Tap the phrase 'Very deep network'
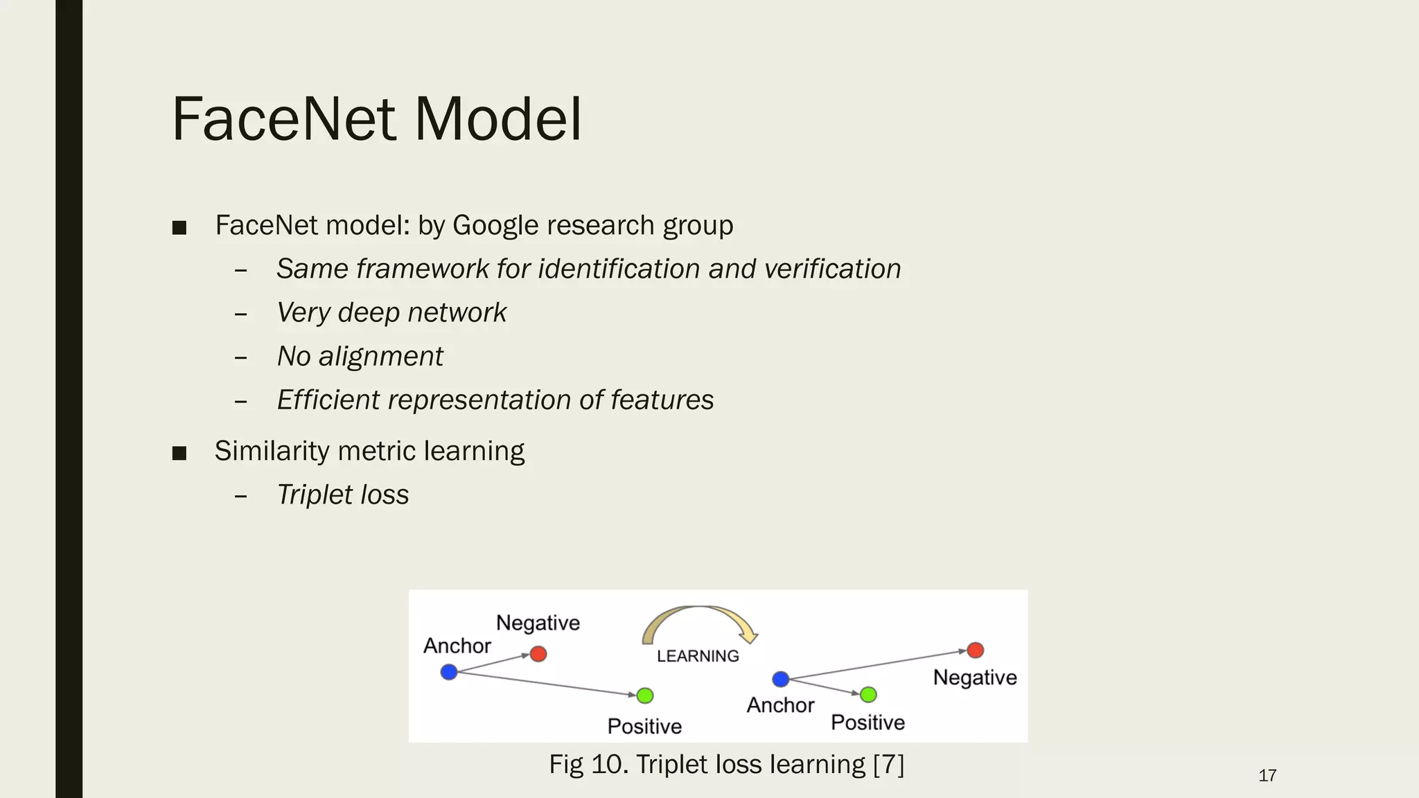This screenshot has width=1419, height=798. pos(391,312)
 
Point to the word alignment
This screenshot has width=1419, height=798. pos(380,357)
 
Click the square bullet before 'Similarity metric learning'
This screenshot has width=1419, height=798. pos(179,453)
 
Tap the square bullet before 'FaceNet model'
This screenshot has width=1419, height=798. pos(179,227)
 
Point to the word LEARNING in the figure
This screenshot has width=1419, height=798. pos(698,656)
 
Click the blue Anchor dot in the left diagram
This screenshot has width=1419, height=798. pos(449,672)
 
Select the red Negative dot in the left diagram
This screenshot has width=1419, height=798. pos(538,654)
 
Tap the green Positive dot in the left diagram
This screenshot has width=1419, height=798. pos(645,695)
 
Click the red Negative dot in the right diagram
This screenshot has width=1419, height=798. pos(976,650)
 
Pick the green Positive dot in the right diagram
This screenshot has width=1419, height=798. pos(868,694)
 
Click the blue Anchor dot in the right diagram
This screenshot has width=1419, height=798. pos(781,679)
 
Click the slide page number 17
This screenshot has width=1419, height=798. pos(1267,776)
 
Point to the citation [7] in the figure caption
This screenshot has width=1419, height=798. pos(889,765)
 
